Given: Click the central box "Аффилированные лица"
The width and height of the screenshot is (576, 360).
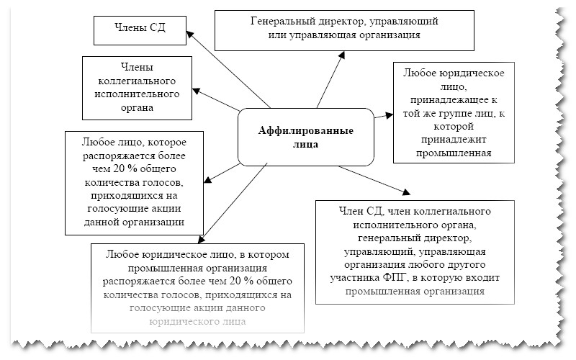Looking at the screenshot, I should click(305, 137).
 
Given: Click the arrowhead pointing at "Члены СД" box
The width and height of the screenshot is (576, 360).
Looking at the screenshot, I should click(188, 30).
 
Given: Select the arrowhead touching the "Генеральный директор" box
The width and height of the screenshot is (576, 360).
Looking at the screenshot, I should click(344, 52).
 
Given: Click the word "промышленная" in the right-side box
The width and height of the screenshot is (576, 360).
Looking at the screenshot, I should click(453, 152).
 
